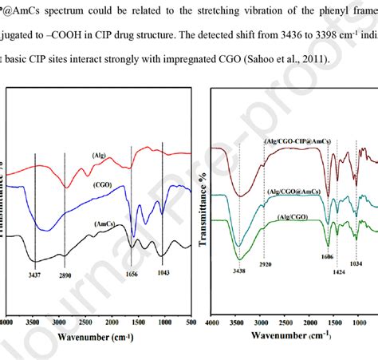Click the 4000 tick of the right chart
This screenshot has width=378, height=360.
tap(211, 323)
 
